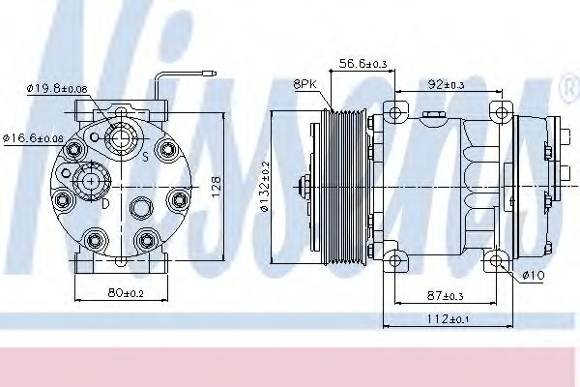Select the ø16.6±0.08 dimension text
pyautogui.click(x=34, y=137)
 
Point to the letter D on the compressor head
pyautogui.click(x=105, y=203)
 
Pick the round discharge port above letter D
pyautogui.click(x=93, y=180)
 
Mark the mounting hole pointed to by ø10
pyautogui.click(x=497, y=259)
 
